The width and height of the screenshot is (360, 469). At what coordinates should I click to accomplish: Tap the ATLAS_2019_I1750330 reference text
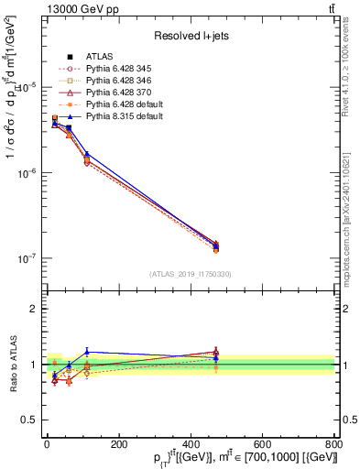pos(191,274)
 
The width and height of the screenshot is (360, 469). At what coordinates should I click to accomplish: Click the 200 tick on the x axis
pos(118,445)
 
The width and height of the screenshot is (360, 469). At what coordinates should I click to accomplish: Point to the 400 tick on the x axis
pos(191,445)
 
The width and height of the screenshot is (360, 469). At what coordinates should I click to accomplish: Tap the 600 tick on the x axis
pos(262,445)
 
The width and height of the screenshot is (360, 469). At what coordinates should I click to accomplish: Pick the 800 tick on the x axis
pos(333,445)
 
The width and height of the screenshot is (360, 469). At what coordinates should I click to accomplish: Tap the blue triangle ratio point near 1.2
pos(87,352)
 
